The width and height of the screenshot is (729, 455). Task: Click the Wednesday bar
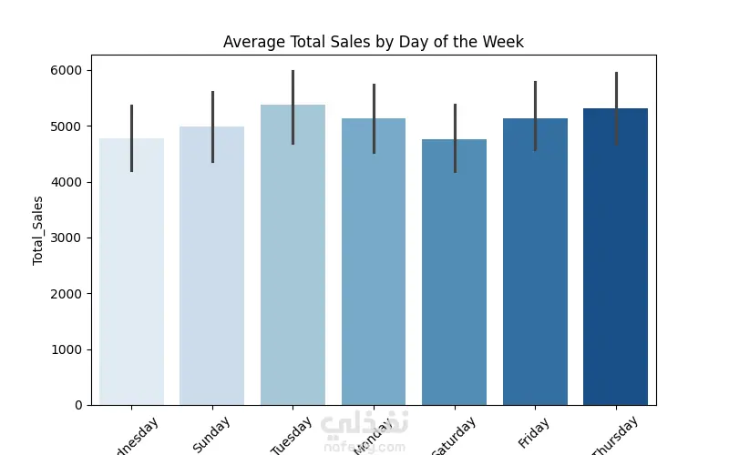tap(132, 273)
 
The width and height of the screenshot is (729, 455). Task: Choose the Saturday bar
tap(454, 273)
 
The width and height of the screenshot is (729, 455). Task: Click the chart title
tap(374, 42)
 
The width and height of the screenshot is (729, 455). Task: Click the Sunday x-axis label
tap(211, 434)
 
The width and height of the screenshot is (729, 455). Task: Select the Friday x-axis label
tap(534, 431)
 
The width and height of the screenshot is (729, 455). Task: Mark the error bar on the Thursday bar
tap(616, 91)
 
